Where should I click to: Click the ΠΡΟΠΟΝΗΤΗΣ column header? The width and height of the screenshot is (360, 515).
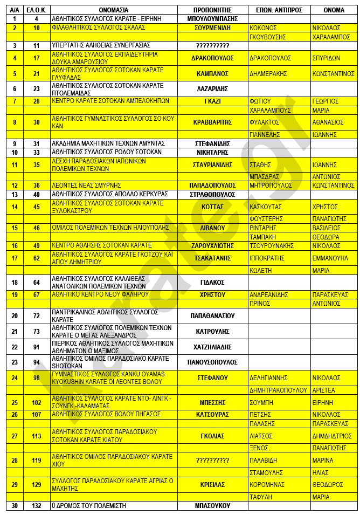[x=212, y=10]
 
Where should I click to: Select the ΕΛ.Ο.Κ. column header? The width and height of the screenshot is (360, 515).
[x=37, y=10]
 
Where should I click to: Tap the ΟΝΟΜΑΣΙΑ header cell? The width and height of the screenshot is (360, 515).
[x=114, y=10]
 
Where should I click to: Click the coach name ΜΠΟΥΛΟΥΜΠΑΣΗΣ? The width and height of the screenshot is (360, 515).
[x=212, y=18]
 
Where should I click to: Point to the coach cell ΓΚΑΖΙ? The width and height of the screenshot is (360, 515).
[x=212, y=101]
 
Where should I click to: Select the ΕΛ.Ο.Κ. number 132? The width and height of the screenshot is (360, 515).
[x=37, y=506]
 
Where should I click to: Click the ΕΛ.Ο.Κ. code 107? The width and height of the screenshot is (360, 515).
[x=37, y=414]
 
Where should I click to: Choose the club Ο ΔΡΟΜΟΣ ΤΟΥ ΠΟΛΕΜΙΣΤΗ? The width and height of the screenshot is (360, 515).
[x=87, y=506]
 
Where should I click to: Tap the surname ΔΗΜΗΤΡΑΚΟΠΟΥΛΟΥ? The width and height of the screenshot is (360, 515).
[x=279, y=390]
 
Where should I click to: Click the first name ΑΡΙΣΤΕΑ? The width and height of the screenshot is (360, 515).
[x=323, y=390]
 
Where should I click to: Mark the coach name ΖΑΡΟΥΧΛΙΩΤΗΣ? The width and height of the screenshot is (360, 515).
[x=212, y=245]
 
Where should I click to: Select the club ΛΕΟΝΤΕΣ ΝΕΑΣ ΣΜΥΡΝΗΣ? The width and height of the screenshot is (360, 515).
[x=86, y=185]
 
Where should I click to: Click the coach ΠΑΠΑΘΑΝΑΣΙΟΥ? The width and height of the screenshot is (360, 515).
[x=212, y=315]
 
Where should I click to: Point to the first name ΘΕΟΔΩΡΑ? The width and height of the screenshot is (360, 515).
[x=326, y=236]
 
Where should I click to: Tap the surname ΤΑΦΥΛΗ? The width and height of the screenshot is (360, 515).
[x=262, y=497]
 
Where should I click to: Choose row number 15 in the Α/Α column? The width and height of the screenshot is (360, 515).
[x=15, y=228]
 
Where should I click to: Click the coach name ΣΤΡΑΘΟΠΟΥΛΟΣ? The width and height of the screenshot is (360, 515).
[x=212, y=194]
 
